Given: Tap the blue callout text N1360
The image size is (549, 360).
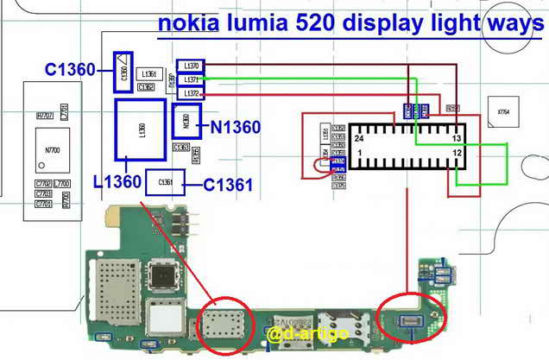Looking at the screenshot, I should click(x=235, y=128).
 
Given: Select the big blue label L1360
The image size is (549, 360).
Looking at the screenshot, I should click(x=117, y=182).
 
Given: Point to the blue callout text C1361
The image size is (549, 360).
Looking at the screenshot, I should click(x=228, y=184).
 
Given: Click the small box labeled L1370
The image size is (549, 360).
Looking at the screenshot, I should click(x=190, y=66).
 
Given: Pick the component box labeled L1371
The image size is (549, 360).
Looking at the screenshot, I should click(x=190, y=79).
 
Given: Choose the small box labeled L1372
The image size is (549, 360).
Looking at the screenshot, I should click(x=190, y=92).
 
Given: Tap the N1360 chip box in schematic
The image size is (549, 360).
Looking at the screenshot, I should click(x=186, y=122).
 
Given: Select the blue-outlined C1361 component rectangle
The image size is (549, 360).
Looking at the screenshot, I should click(x=166, y=182).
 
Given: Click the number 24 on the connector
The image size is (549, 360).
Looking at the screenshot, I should click(x=358, y=138).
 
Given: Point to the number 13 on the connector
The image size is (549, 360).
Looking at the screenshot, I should click(x=459, y=138).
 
